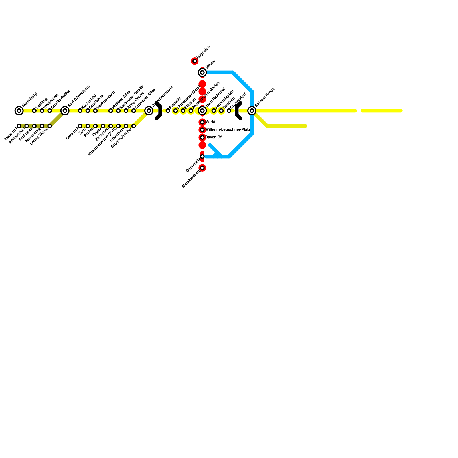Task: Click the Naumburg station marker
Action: pyautogui.click(x=19, y=110)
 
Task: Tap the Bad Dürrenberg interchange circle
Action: pyautogui.click(x=65, y=110)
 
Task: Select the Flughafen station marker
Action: pyautogui.click(x=195, y=61)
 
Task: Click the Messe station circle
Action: pyautogui.click(x=202, y=72)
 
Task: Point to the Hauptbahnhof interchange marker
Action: pyautogui.click(x=202, y=110)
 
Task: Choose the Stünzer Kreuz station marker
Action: pyautogui.click(x=252, y=110)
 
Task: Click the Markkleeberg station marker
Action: pyautogui.click(x=202, y=168)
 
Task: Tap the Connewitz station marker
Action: pyautogui.click(x=202, y=157)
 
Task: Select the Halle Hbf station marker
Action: pyautogui.click(x=19, y=126)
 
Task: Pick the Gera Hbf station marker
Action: pyautogui.click(x=80, y=126)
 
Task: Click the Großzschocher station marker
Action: pyautogui.click(x=134, y=126)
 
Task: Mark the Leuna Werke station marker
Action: pyautogui.click(x=50, y=126)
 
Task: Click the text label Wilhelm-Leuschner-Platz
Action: pyautogui.click(x=228, y=130)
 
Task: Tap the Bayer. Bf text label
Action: pyautogui.click(x=214, y=137)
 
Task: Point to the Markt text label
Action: pyautogui.click(x=210, y=122)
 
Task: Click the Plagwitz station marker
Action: pyautogui.click(x=168, y=110)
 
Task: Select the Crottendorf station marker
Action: pyautogui.click(x=229, y=110)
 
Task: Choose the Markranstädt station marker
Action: pyautogui.click(x=95, y=110)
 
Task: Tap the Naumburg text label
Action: pyautogui.click(x=30, y=99)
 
